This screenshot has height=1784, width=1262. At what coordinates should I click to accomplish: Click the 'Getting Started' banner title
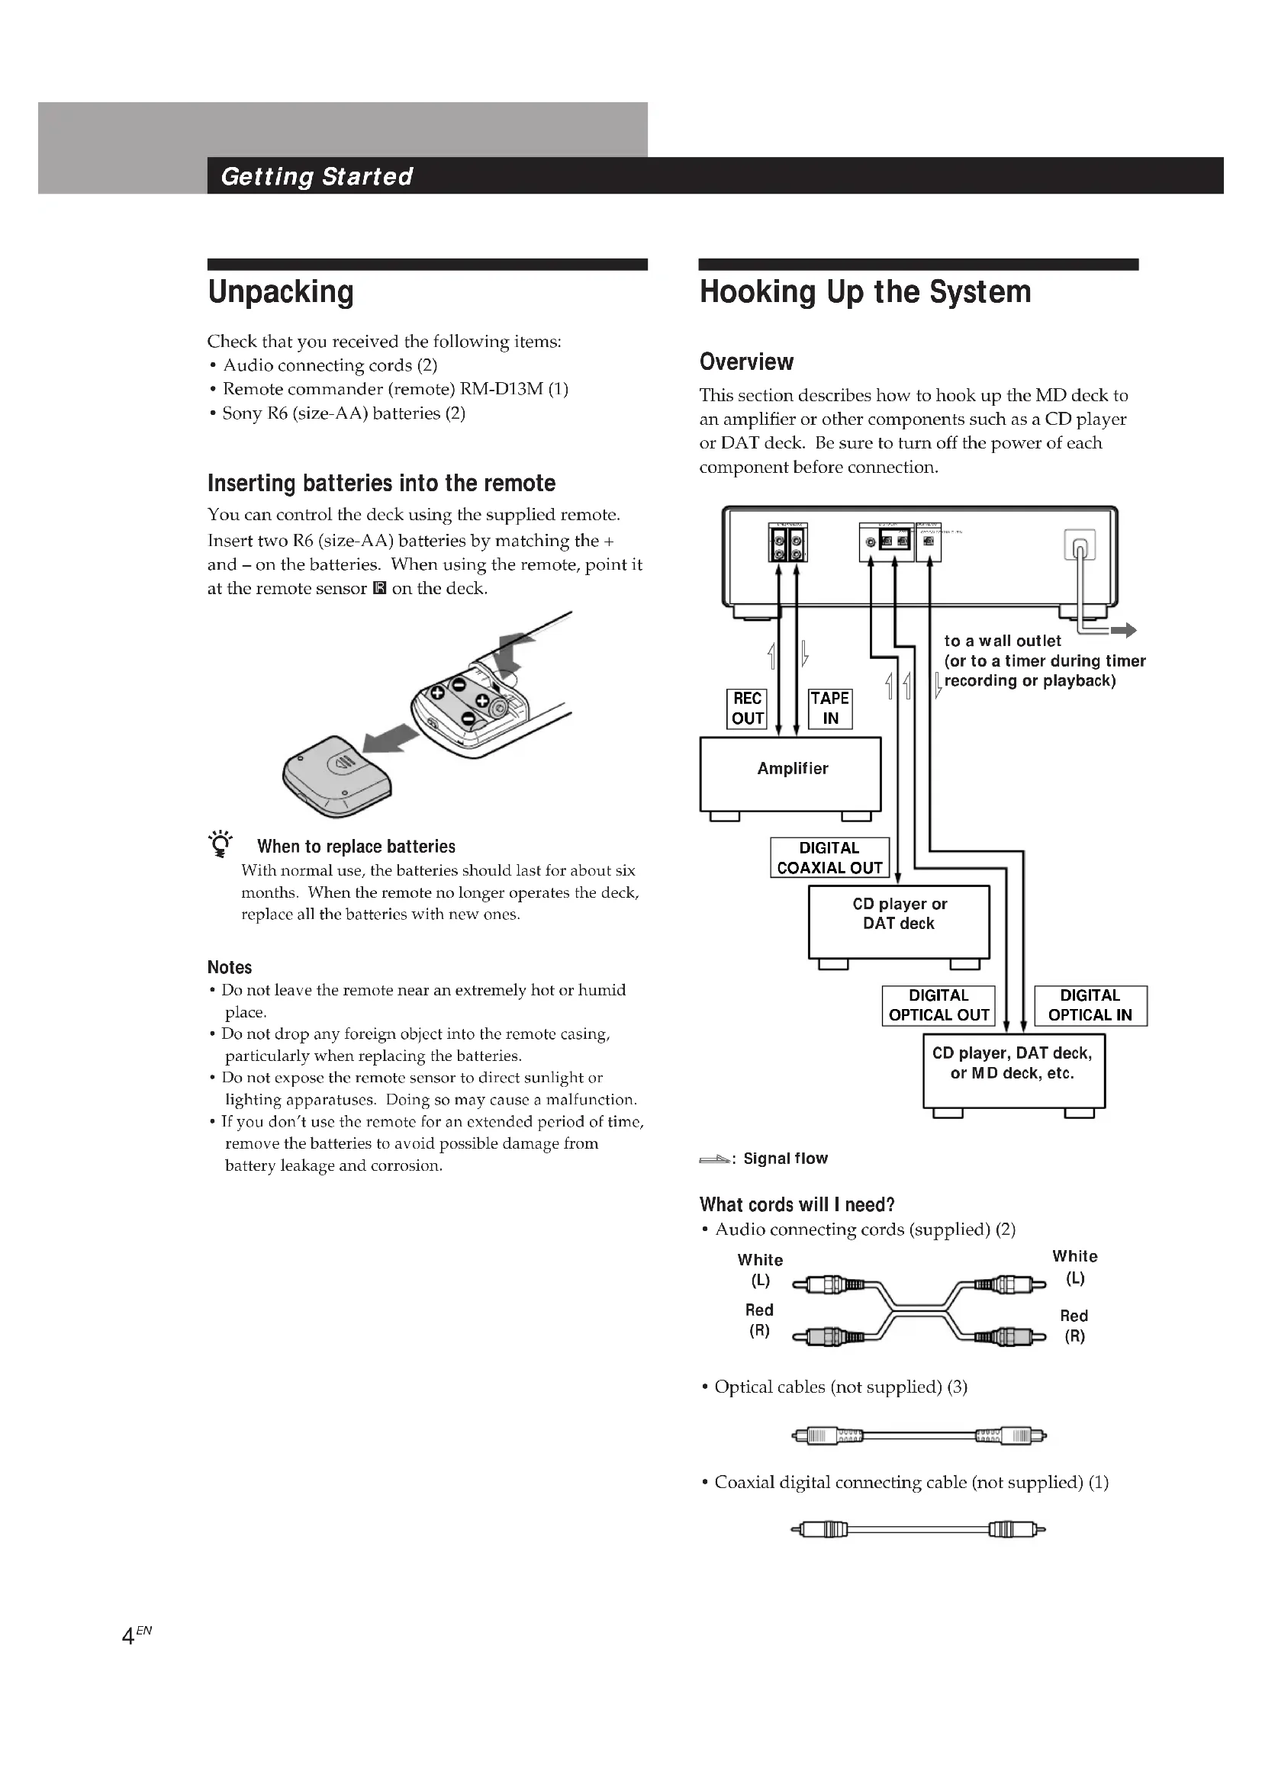pos(317,176)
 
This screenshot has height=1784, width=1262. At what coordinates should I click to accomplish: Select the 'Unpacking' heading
pos(281,292)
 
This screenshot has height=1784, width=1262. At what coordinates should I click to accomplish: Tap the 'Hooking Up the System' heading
pos(865,292)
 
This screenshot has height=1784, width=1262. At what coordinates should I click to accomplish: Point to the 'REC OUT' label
pos(747,708)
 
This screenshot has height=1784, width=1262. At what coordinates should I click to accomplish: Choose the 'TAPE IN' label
pos(830,708)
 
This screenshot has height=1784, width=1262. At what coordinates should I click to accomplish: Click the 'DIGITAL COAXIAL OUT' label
pos(829,858)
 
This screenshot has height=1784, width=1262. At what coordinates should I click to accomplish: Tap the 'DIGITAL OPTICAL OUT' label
pos(938,1005)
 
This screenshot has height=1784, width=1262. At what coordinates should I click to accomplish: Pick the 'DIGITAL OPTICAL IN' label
pos(1090,1005)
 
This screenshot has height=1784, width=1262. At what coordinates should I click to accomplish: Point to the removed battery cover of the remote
pos(336,776)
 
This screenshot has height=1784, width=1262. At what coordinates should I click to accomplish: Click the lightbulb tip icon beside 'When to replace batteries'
pos(221,844)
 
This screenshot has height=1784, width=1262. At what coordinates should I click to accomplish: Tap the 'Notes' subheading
pos(229,967)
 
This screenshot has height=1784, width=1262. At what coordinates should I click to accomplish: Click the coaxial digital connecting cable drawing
pos(918,1530)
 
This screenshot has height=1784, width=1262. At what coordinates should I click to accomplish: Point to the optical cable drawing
pos(918,1435)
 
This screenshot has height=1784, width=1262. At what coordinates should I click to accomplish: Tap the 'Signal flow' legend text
pos(785,1159)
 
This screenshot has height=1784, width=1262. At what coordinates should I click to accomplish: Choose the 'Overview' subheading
pos(746,362)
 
